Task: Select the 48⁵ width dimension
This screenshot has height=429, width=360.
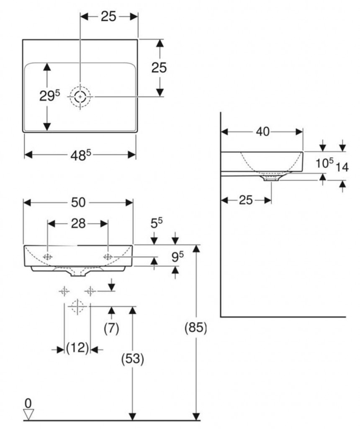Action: tap(81, 155)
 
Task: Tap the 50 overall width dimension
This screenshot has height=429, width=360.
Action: tap(78, 203)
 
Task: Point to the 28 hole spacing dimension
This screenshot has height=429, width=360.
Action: tap(78, 224)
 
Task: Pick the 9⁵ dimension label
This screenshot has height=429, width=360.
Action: tap(178, 257)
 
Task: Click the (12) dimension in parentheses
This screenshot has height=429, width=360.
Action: tap(77, 348)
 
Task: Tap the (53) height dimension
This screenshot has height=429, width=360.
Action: tap(132, 359)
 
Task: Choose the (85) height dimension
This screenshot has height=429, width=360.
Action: tap(196, 328)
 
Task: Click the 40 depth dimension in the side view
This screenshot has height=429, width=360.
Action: tap(262, 132)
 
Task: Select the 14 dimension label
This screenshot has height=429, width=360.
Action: tap(342, 167)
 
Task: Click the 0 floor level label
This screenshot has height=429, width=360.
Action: tap(28, 403)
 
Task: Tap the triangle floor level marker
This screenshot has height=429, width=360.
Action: tap(28, 414)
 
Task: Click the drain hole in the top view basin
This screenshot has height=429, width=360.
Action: tap(80, 97)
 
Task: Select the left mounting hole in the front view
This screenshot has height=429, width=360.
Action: tap(48, 256)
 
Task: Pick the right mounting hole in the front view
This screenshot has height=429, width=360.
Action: tap(108, 256)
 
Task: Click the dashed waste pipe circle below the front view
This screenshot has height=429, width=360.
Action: tap(77, 307)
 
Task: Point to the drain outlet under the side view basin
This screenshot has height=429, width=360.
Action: tap(271, 178)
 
